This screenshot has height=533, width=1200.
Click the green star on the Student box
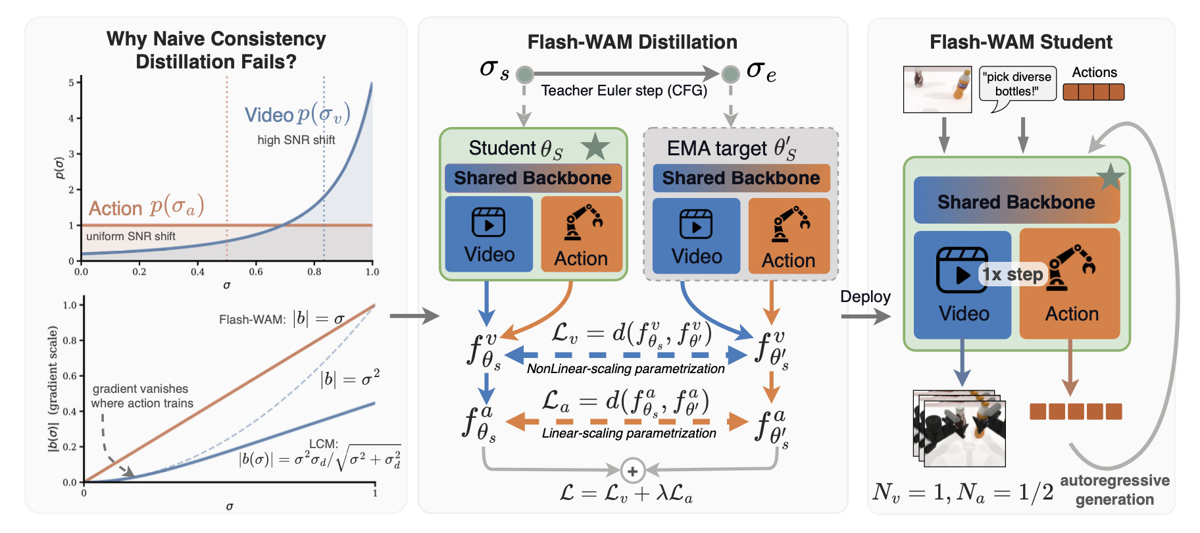[x=595, y=147]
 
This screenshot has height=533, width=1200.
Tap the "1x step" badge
[x=1013, y=274]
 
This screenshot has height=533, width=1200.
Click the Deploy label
[x=865, y=297]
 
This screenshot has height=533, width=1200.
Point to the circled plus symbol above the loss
[x=632, y=471]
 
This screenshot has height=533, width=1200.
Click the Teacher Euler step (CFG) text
[x=624, y=91]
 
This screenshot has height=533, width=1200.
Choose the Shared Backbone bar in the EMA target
[x=741, y=178]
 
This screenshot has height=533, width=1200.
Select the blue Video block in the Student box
[x=489, y=234]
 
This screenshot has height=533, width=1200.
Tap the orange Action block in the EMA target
[x=789, y=236]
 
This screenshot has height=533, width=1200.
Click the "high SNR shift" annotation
[x=296, y=140]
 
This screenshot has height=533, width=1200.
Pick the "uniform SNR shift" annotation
[x=131, y=236]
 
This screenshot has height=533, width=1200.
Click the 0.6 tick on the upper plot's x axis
[x=256, y=271]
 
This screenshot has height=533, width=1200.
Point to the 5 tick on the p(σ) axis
[x=71, y=83]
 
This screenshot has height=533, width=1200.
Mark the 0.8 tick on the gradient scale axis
[x=70, y=340]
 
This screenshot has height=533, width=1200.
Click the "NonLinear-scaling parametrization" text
[x=626, y=369]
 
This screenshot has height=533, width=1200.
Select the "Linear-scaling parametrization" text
[x=629, y=433]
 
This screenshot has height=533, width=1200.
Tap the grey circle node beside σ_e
[x=730, y=74]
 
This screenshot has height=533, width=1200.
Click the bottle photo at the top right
[x=937, y=89]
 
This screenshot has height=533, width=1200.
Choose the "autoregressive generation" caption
[x=1114, y=490]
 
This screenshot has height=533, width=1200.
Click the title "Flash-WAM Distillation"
[x=632, y=42]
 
